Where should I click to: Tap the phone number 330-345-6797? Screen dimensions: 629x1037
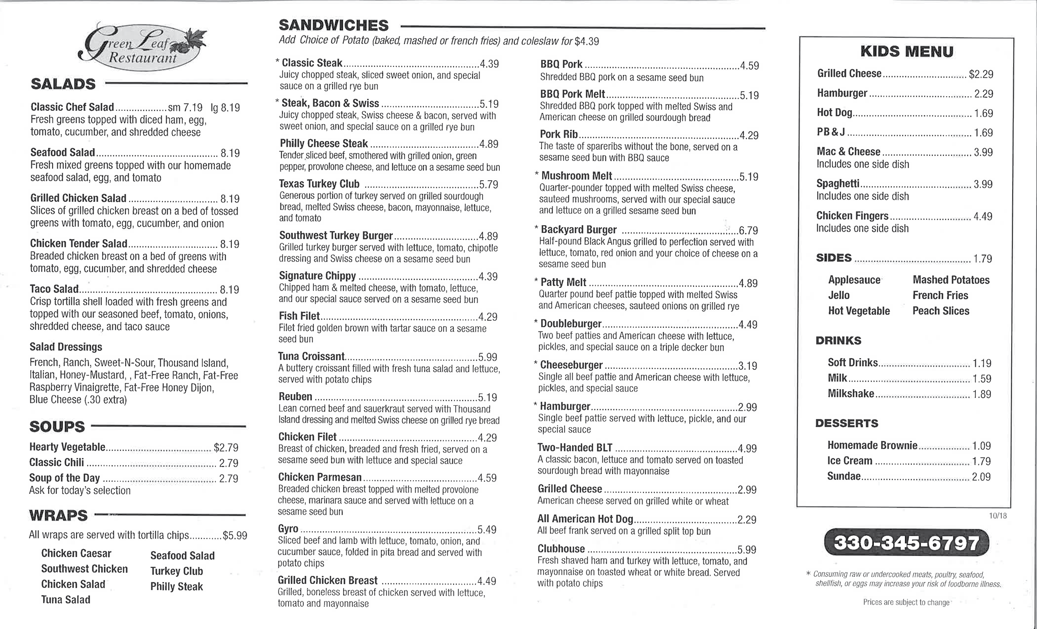pos(906,543)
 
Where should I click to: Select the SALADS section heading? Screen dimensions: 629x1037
pos(63,83)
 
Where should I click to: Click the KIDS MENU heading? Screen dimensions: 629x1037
pos(907,52)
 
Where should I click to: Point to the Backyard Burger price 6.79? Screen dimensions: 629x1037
pos(748,231)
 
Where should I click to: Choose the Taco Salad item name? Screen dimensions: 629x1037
pos(54,289)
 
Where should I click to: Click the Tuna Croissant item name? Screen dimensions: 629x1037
pos(311,356)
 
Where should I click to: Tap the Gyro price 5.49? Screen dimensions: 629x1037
pos(487,530)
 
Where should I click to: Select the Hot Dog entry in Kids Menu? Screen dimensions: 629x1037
pos(834,112)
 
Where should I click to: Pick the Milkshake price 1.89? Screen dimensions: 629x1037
pos(982,394)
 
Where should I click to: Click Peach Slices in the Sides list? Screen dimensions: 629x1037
pos(941,311)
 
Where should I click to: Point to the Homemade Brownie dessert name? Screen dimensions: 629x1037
pos(872,445)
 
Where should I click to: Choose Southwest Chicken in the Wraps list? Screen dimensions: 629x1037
pos(85,569)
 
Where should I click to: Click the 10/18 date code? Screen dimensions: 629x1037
pos(998,516)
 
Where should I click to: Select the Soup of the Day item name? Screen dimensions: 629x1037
pos(64,478)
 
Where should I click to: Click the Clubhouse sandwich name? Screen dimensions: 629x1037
pos(561,549)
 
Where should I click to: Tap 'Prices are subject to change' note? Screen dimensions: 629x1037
pos(906,602)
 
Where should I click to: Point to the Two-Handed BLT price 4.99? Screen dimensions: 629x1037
pos(747,448)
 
